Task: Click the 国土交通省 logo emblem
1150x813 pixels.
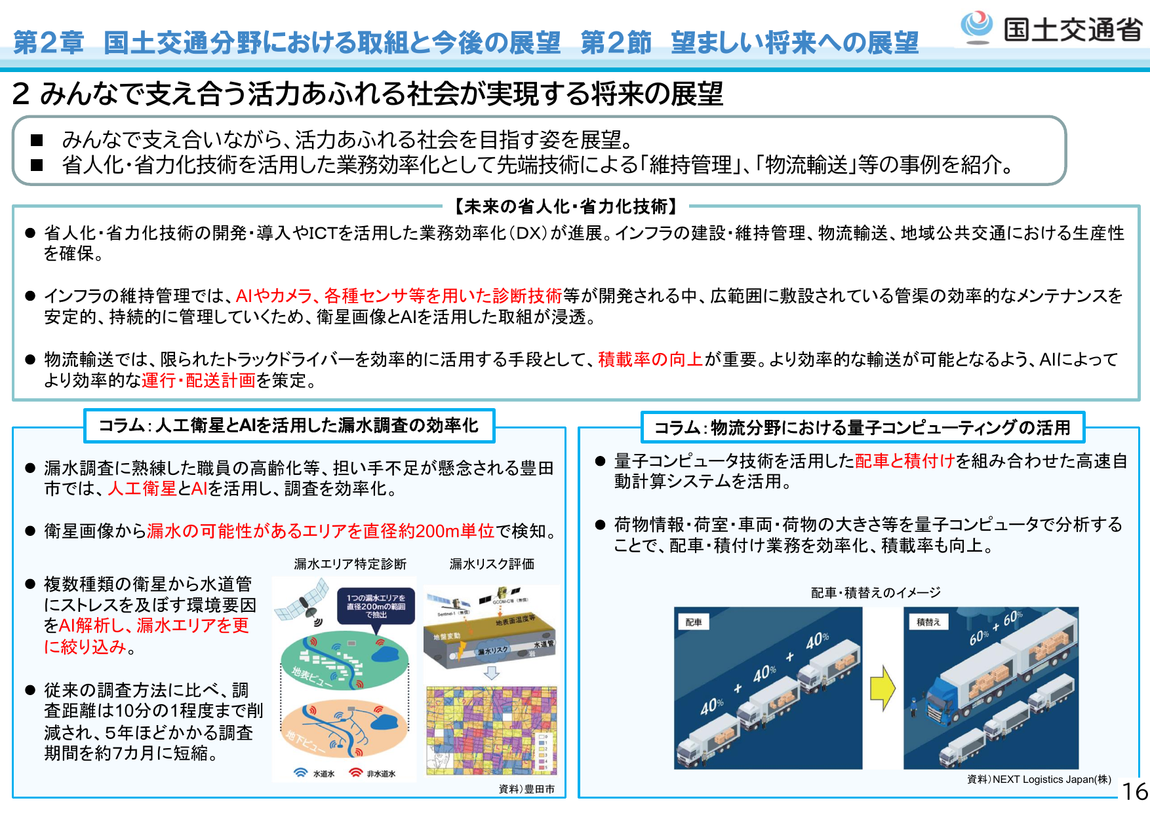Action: click(977, 27)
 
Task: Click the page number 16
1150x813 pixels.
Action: click(1135, 791)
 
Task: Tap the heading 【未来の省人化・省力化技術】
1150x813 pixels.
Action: click(566, 207)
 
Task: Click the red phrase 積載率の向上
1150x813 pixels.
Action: click(650, 360)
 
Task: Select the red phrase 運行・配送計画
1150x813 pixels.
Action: click(198, 381)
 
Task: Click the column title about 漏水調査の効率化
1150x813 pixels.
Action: click(288, 426)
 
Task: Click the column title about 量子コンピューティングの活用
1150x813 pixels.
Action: click(862, 428)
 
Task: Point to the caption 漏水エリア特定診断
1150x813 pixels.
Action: click(350, 564)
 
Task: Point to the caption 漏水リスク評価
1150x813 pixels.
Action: click(492, 564)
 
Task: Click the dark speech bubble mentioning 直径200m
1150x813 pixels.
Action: click(376, 606)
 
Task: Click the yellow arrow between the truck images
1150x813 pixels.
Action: click(883, 688)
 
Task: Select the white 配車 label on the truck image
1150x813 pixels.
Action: click(694, 622)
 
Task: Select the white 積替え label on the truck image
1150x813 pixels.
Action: click(928, 622)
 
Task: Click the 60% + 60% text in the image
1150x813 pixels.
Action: click(996, 628)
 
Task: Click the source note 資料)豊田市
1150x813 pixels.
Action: click(526, 789)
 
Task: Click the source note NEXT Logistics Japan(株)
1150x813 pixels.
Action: click(1039, 779)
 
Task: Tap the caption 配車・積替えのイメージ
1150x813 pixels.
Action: click(875, 593)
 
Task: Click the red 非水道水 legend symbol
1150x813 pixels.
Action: click(356, 773)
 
